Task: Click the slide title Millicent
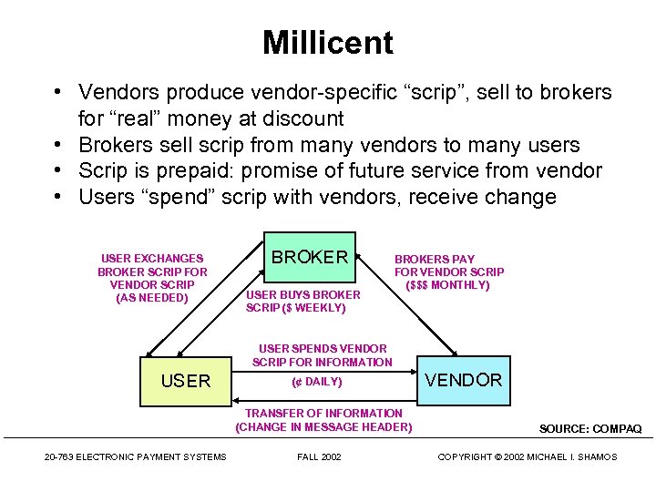tap(327, 43)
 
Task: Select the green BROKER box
tap(310, 258)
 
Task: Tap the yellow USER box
tap(186, 381)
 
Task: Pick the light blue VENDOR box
tap(464, 380)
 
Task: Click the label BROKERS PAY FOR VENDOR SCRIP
tap(448, 272)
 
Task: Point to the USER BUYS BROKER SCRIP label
tap(302, 301)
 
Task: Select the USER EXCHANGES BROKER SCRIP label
tap(152, 278)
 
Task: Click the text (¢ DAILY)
tap(316, 382)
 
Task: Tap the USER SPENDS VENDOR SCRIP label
tap(323, 355)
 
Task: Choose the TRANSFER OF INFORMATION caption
tap(323, 420)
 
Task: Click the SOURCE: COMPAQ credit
tap(589, 428)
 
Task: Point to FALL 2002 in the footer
tap(319, 456)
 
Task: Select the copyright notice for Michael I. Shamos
tap(527, 456)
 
